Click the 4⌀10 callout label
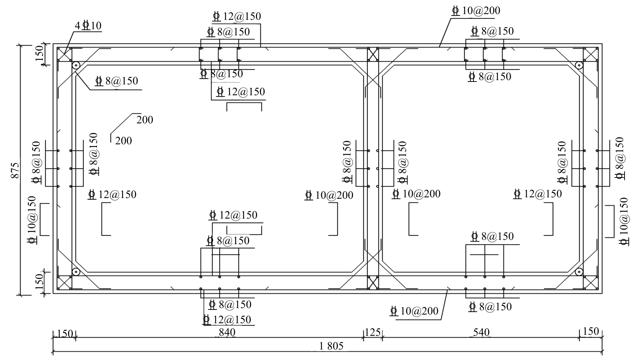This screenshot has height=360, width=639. [x=88, y=26]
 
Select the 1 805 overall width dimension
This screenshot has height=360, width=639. [x=331, y=346]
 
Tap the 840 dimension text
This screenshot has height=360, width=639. [x=227, y=332]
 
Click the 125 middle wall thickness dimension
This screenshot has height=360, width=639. [x=373, y=332]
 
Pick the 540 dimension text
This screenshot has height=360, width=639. [x=481, y=332]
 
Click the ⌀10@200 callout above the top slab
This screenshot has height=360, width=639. [x=476, y=11]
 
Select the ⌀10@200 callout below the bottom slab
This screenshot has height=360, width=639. [x=414, y=311]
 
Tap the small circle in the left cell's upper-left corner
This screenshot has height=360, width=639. [x=76, y=65]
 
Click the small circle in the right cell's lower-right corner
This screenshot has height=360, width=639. [x=579, y=272]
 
